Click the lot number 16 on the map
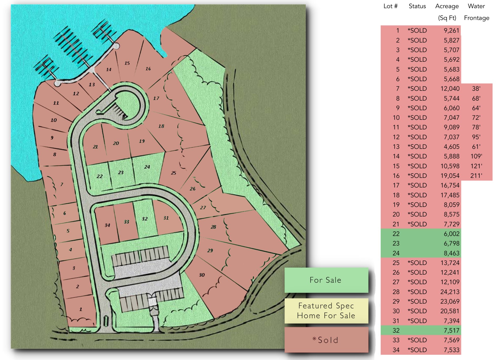(148, 69)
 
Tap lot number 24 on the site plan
(147, 167)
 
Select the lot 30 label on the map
(202, 275)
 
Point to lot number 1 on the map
(81, 309)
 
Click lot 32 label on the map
(145, 219)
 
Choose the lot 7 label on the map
(62, 184)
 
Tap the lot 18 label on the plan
(161, 126)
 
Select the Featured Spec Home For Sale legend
(326, 311)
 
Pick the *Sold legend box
(326, 340)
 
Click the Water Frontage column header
(476, 12)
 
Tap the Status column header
(417, 6)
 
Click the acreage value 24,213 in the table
(450, 292)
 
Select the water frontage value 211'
(476, 176)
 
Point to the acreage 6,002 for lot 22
(451, 234)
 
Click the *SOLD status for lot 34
(417, 350)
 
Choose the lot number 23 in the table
(396, 243)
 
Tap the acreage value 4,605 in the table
(451, 147)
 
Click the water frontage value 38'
(476, 88)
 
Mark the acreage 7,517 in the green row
(451, 330)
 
